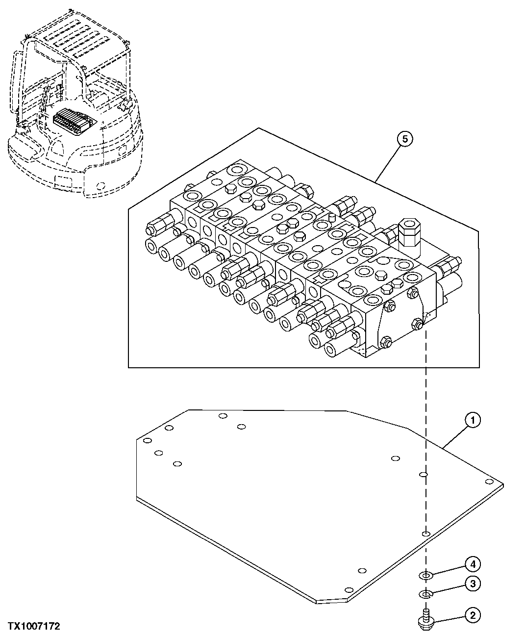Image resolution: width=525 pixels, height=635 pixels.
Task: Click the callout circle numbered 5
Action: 404,139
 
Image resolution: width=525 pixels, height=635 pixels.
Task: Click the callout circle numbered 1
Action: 472,420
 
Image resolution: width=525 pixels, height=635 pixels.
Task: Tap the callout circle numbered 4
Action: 472,565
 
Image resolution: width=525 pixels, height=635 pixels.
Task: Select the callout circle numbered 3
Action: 472,584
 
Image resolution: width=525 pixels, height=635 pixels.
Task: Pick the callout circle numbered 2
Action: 472,615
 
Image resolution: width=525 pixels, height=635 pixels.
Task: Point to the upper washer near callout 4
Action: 425,574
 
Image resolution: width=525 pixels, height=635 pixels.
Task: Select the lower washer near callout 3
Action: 425,594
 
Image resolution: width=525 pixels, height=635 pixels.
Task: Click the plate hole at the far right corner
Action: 488,482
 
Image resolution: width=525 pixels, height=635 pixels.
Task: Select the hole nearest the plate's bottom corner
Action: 349,590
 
